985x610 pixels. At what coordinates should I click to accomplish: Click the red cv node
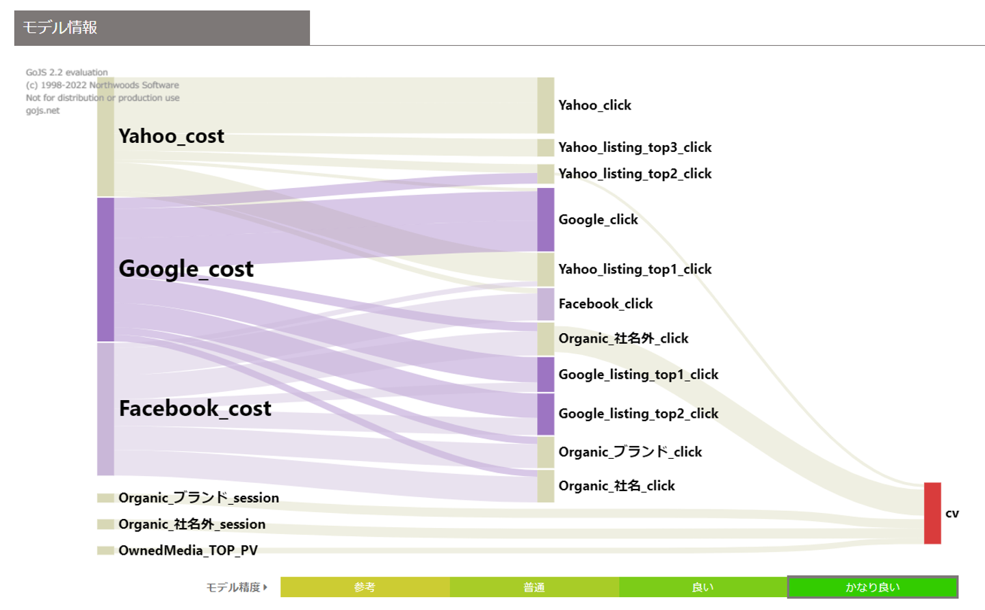(x=932, y=513)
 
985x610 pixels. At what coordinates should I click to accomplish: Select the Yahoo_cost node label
(x=171, y=136)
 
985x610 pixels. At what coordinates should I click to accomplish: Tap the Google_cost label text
(x=186, y=269)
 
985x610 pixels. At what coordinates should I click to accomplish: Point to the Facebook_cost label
(x=195, y=408)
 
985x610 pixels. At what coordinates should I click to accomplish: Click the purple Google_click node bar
(x=545, y=220)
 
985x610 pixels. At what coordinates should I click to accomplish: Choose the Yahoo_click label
(x=594, y=105)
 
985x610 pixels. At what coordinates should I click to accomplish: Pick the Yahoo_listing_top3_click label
(x=635, y=148)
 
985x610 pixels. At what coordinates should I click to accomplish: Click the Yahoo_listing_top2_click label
(x=635, y=174)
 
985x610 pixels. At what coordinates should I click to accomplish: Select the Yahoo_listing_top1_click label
(x=635, y=269)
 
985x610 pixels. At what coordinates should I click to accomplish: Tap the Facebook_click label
(x=605, y=304)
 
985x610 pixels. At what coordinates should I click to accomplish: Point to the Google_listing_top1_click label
(x=638, y=375)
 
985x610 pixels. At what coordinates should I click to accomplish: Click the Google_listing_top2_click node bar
(x=545, y=414)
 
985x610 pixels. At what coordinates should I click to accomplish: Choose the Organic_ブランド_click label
(x=630, y=452)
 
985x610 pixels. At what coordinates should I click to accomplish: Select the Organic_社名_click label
(x=616, y=486)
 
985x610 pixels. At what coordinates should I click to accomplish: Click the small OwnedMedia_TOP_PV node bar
(x=105, y=551)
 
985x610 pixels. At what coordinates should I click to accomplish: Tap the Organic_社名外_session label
(x=192, y=525)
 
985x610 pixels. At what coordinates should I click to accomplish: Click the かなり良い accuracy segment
(x=872, y=587)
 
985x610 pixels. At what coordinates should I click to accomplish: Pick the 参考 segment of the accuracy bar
(x=365, y=587)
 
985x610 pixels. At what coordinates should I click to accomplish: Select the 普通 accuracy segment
(x=534, y=587)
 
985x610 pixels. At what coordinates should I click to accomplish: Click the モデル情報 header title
(x=60, y=27)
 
